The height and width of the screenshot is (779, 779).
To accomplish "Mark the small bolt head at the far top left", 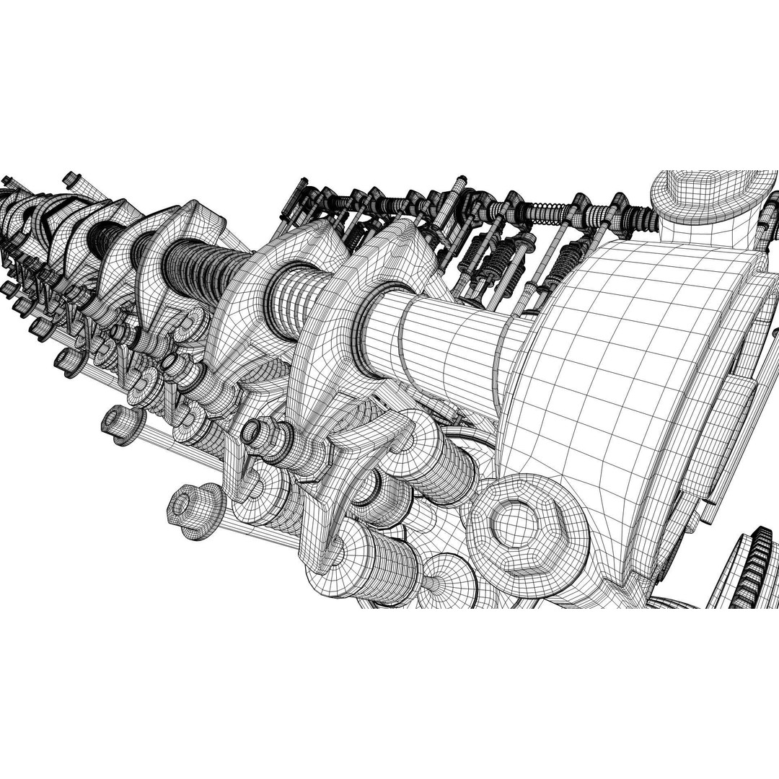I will pos(70,179).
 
